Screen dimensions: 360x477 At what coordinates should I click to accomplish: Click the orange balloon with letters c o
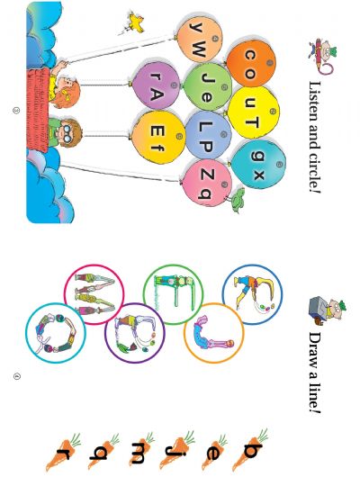pyautogui.click(x=251, y=64)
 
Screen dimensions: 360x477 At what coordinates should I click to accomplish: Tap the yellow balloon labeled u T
pyautogui.click(x=253, y=112)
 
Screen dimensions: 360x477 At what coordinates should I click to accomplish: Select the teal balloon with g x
pyautogui.click(x=258, y=165)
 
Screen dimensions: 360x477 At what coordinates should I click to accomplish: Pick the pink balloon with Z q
pyautogui.click(x=207, y=183)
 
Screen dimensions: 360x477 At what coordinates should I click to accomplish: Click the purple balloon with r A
pyautogui.click(x=156, y=85)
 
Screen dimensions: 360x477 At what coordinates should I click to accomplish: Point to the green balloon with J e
pyautogui.click(x=208, y=87)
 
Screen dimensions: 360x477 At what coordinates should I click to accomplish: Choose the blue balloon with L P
pyautogui.click(x=208, y=135)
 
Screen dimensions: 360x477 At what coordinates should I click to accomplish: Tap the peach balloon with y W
pyautogui.click(x=200, y=38)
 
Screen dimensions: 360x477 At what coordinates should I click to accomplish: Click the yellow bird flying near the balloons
pyautogui.click(x=133, y=22)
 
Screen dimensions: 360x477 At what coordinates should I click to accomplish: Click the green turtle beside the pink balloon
pyautogui.click(x=238, y=200)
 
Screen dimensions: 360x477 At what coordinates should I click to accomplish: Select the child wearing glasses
pyautogui.click(x=65, y=133)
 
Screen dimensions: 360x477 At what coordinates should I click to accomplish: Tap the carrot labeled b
pyautogui.click(x=250, y=450)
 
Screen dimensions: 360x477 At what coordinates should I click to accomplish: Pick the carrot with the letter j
pyautogui.click(x=177, y=450)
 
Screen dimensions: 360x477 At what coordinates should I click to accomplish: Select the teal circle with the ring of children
pyautogui.click(x=56, y=333)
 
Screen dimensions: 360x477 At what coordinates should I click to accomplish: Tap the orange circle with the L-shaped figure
pyautogui.click(x=214, y=333)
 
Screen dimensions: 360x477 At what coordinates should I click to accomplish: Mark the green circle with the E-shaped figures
pyautogui.click(x=173, y=294)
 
